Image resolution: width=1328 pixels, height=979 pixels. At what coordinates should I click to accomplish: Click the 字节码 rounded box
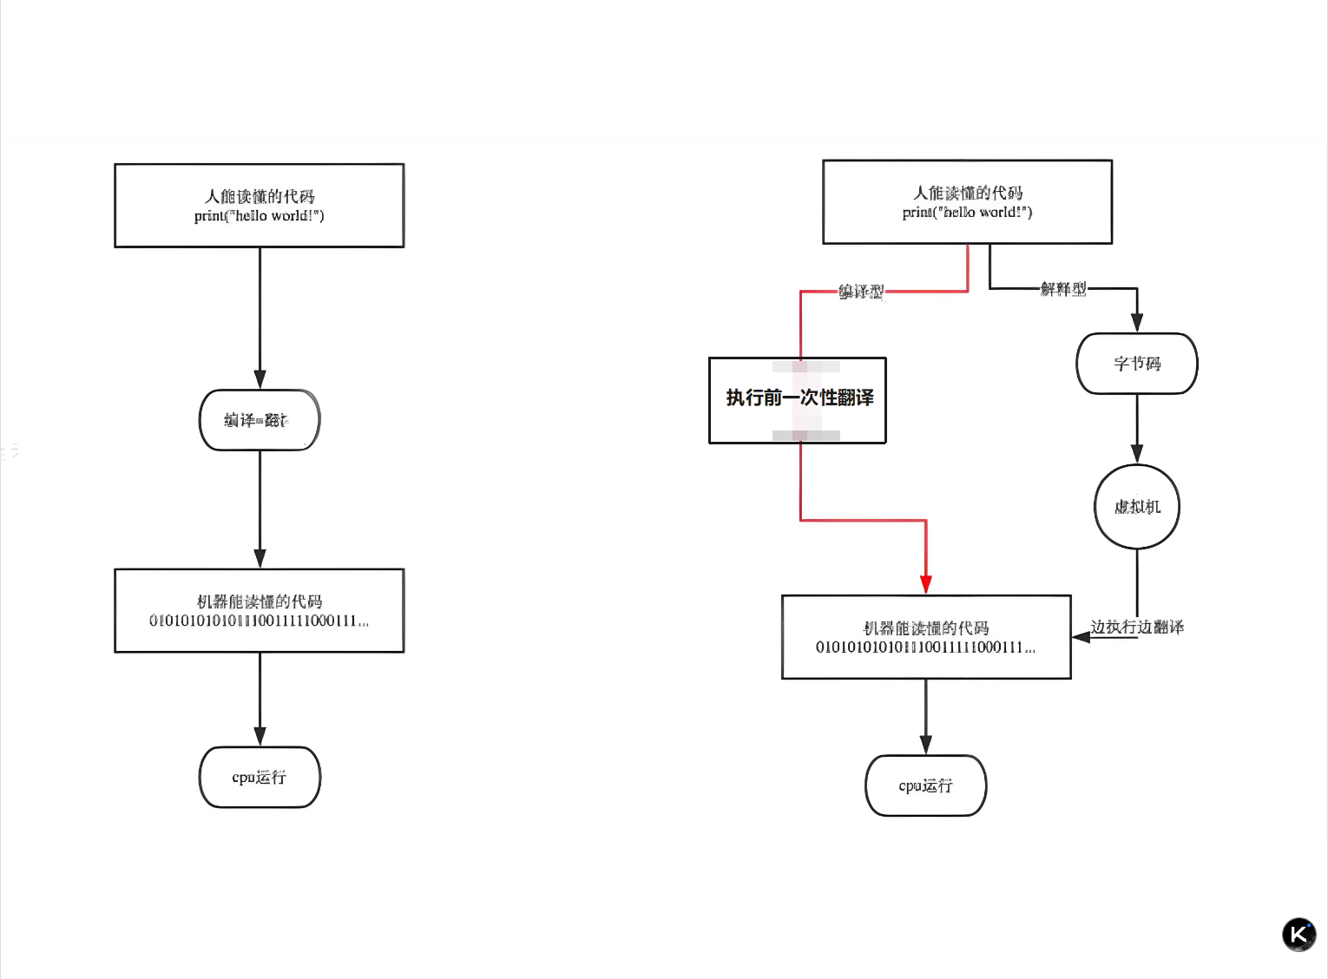pos(1137,364)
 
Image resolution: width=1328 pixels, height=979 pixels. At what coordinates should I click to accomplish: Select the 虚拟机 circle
pos(1137,507)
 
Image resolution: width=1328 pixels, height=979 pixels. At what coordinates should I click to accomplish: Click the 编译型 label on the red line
pos(861,292)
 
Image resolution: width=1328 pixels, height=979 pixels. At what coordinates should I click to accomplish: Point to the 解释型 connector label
pos(1063,289)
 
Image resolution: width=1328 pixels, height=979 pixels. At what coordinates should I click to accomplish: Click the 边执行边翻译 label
pos(1137,627)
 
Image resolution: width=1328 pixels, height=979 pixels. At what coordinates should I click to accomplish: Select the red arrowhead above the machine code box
pos(926,584)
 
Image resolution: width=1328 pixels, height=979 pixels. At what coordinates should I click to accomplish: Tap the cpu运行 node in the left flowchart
pos(260,778)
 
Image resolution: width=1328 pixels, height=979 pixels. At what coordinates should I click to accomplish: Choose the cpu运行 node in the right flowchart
pos(926,786)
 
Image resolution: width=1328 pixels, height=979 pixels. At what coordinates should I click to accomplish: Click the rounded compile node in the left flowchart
pos(260,420)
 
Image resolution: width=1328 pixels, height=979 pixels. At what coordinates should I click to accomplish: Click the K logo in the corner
pos(1298,935)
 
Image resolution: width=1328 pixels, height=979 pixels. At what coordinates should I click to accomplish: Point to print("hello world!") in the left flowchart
pos(260,216)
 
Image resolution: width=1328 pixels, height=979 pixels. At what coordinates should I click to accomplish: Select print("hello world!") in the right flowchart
pos(967,213)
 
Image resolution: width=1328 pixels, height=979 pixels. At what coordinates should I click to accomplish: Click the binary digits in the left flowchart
pos(259,621)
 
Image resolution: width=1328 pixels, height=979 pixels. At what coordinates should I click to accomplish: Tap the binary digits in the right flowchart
pos(925,647)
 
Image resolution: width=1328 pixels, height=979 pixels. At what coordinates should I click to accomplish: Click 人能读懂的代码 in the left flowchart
pos(260,197)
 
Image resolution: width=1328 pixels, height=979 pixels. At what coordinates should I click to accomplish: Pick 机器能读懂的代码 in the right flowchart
pos(926,627)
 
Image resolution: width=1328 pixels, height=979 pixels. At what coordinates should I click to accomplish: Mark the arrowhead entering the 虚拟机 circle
pos(1137,454)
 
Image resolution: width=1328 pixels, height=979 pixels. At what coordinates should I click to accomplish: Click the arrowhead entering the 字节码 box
pos(1137,322)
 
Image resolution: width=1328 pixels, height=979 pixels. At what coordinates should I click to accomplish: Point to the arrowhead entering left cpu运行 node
pos(260,736)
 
